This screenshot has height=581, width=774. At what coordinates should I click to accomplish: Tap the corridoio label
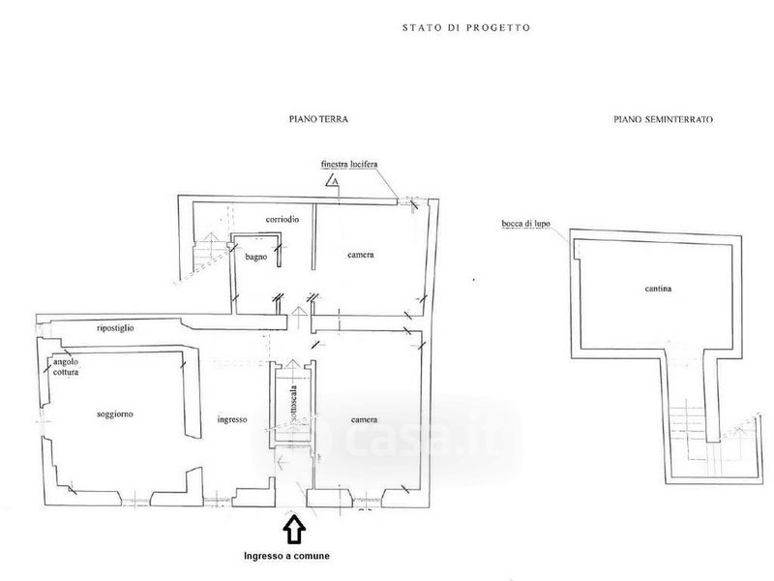point(282,220)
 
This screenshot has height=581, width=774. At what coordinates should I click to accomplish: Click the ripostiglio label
point(122,329)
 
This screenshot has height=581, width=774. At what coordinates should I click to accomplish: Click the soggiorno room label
point(115,413)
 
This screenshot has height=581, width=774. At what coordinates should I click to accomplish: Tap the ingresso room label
point(234,419)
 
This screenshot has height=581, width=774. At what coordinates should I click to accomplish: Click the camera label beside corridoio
point(362,255)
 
